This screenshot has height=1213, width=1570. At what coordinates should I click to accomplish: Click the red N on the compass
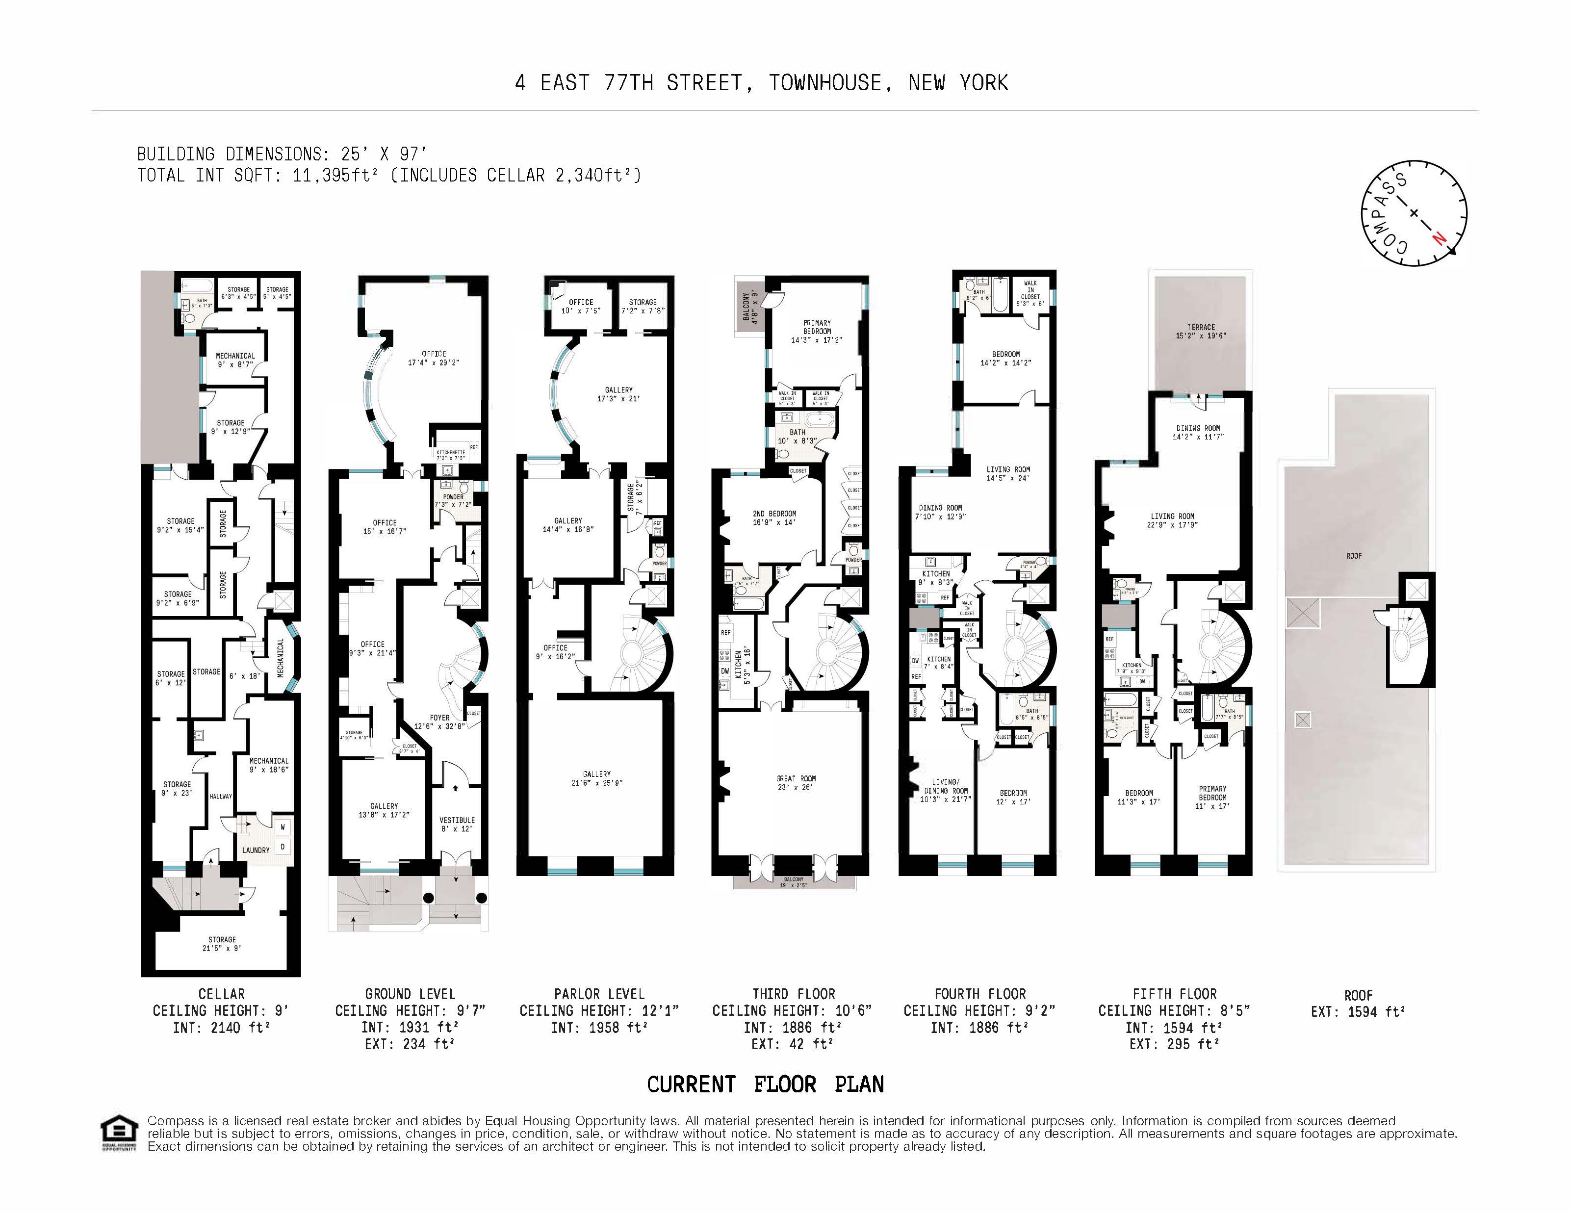[x=1439, y=238]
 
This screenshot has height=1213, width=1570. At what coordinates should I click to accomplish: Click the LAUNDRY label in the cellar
[x=256, y=850]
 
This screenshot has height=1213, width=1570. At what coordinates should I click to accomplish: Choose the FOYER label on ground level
[x=440, y=718]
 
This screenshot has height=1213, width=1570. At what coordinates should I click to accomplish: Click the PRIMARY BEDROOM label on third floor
[x=817, y=327]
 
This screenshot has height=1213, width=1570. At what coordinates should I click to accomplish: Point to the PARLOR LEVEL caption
[x=599, y=994]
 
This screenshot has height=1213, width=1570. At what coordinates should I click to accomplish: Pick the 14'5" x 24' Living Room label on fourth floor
[x=1008, y=473]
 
